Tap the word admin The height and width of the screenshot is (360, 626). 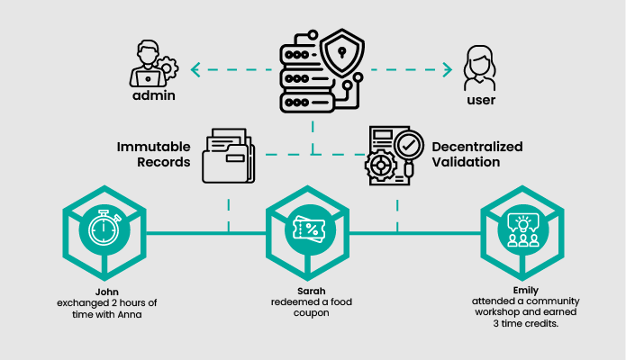(152, 95)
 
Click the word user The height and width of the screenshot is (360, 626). (481, 99)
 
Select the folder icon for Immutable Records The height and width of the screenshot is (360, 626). (228, 155)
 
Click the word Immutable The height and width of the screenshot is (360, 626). (152, 147)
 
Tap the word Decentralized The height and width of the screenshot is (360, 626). (477, 147)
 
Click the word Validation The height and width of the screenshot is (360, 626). (465, 164)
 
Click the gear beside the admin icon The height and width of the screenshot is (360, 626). (168, 67)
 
